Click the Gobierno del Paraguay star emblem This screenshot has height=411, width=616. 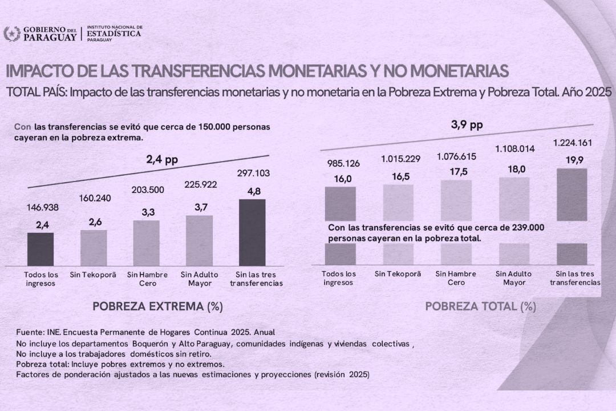(11, 34)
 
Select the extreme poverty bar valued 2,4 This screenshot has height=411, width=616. (40, 249)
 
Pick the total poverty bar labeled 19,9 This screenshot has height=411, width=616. (572, 194)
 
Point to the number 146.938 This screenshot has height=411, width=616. (40, 208)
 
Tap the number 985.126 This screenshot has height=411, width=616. (341, 164)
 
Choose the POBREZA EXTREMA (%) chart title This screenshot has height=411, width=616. (157, 307)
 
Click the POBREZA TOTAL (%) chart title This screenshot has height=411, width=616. (481, 307)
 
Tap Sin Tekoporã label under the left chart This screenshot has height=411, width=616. (93, 275)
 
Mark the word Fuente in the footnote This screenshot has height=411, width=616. (29, 332)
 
